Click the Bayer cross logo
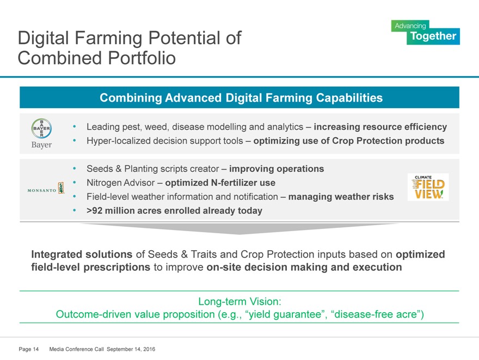(41, 128)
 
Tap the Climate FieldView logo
(428, 187)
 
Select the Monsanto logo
(46, 189)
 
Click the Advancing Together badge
(426, 32)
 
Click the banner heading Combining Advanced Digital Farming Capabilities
(241, 98)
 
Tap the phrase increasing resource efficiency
(380, 127)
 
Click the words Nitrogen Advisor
(121, 183)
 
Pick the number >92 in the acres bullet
(94, 211)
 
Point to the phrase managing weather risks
(341, 197)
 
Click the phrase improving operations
(277, 169)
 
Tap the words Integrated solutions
(82, 254)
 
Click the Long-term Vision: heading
(239, 301)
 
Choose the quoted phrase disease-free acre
(376, 314)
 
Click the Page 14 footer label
(29, 349)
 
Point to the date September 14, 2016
(131, 349)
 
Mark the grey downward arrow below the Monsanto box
(239, 228)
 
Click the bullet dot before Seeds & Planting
(75, 169)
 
